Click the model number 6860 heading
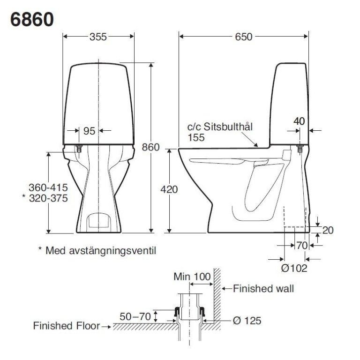click(32, 19)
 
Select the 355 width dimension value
click(98, 37)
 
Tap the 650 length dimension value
click(244, 37)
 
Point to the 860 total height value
click(150, 147)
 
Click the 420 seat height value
click(169, 190)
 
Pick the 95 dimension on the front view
click(90, 131)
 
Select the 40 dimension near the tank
click(299, 121)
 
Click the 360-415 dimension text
click(48, 187)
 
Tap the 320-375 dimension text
click(48, 198)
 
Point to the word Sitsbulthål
click(228, 127)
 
